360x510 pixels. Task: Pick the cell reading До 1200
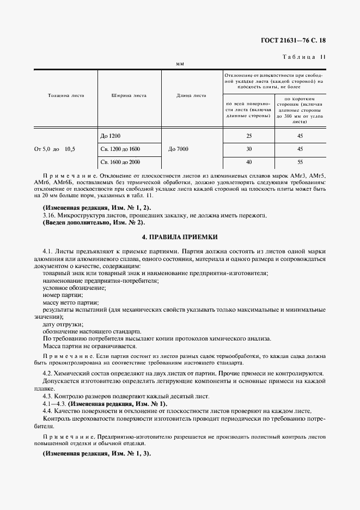(x=111, y=135)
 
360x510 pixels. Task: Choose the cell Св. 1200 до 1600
(x=120, y=149)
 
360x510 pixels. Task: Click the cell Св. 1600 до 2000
(x=120, y=162)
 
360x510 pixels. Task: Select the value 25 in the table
(x=249, y=135)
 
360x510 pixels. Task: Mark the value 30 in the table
(x=249, y=149)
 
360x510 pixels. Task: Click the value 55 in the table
(x=300, y=162)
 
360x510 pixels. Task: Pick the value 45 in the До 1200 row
(x=300, y=135)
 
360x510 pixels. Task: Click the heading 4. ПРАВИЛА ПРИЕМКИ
(x=179, y=237)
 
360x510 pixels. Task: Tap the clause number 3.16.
(x=48, y=216)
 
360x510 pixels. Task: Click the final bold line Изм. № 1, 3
(x=97, y=454)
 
